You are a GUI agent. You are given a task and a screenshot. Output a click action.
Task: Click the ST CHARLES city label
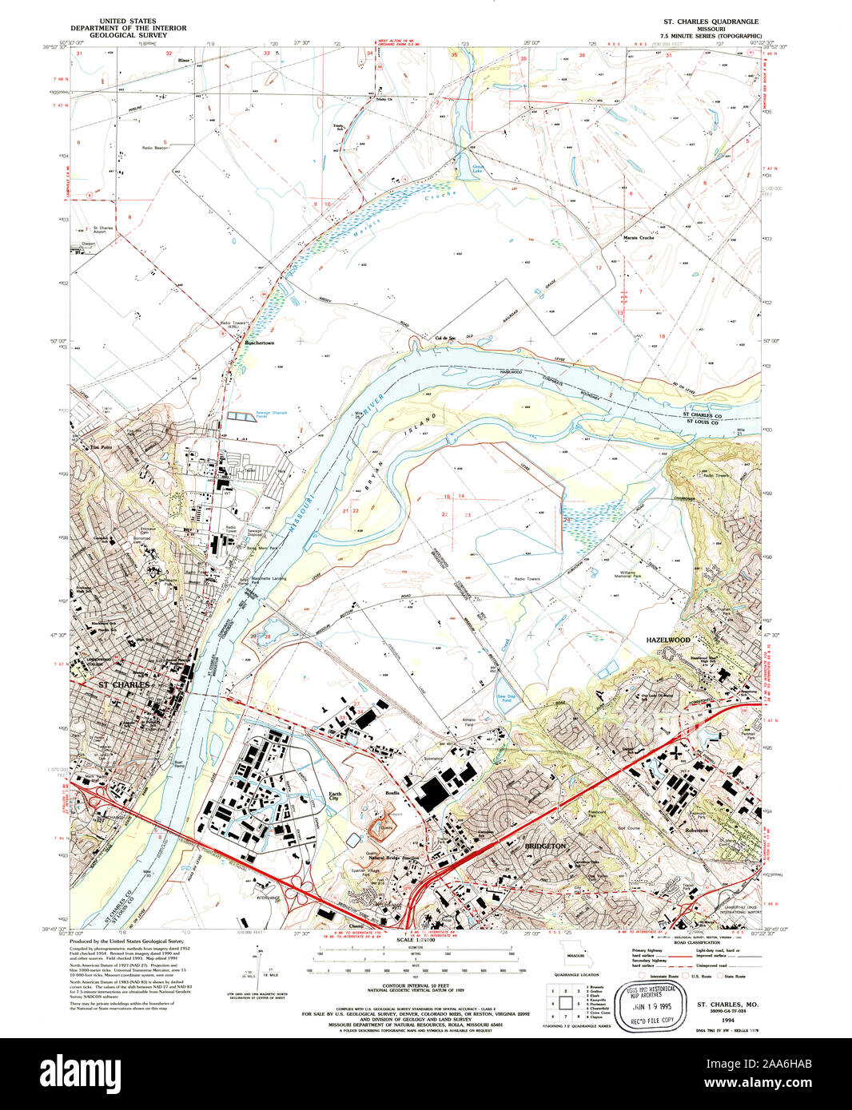123,685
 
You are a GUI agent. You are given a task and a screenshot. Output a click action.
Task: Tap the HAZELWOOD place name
667,640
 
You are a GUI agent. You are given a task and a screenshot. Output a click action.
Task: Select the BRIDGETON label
544,845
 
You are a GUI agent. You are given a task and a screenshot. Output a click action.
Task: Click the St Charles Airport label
102,230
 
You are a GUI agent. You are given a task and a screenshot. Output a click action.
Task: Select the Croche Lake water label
477,170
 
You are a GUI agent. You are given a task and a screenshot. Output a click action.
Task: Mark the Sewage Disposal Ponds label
272,415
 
